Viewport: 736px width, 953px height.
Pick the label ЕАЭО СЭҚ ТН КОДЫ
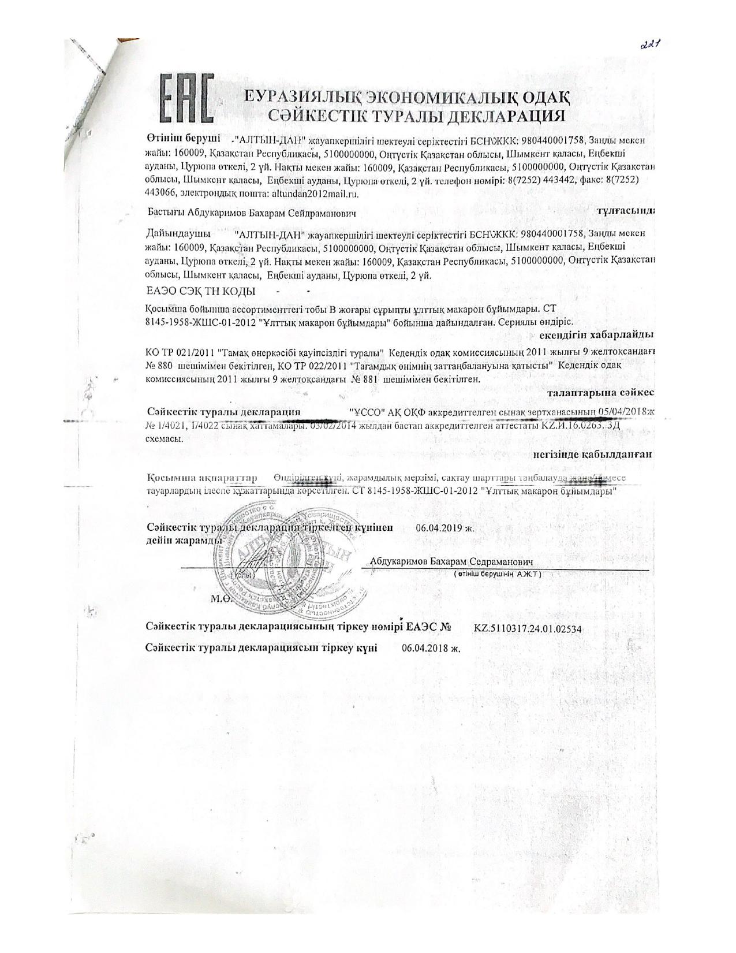coord(201,292)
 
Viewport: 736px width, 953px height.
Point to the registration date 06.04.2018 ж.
coord(430,648)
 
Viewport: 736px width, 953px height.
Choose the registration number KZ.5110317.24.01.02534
coord(527,628)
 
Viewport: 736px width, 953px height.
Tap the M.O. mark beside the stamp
coord(222,599)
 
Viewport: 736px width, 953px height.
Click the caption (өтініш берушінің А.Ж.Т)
coord(496,575)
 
